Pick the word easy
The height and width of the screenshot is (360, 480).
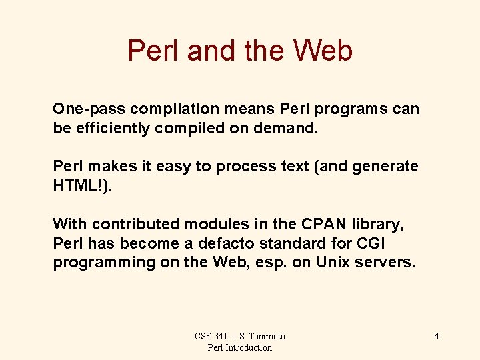[173, 166]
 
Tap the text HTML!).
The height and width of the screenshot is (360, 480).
[83, 185]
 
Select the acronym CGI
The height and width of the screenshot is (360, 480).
[371, 243]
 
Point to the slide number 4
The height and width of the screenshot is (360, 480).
[436, 336]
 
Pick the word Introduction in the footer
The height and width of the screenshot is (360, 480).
[249, 347]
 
